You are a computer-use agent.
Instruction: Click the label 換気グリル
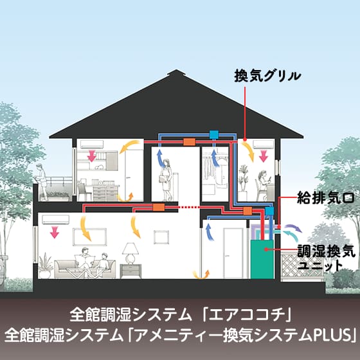267,76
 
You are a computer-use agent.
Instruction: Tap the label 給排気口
326,198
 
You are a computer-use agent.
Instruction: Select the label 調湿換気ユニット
326,258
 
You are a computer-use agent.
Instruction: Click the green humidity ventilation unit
262,260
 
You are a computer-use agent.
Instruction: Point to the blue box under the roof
213,134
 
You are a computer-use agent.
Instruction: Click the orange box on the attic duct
189,142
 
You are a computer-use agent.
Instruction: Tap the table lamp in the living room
130,253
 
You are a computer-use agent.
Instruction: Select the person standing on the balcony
42,181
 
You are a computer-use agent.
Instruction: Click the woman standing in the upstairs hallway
166,180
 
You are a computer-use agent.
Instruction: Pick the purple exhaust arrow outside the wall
292,228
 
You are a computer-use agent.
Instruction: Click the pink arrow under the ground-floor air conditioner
55,232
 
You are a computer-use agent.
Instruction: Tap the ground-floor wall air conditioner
55,219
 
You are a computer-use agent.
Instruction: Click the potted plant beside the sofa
45,265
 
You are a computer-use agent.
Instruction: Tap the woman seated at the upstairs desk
264,186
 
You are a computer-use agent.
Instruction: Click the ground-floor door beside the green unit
233,253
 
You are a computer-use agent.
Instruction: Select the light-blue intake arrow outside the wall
291,236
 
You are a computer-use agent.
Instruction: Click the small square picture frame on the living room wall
161,237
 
